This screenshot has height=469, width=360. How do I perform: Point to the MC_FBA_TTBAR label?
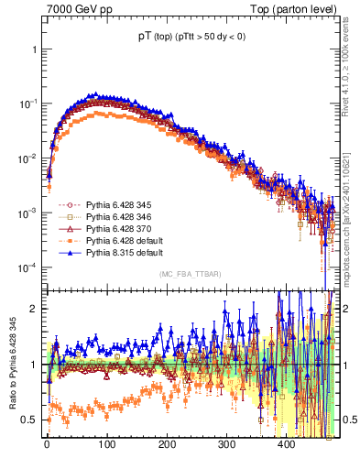tap(189, 275)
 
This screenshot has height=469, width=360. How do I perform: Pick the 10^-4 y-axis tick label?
tap(27, 267)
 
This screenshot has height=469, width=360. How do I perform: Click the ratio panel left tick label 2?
tap(35, 309)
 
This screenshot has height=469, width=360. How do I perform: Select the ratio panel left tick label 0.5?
tap(30, 420)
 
